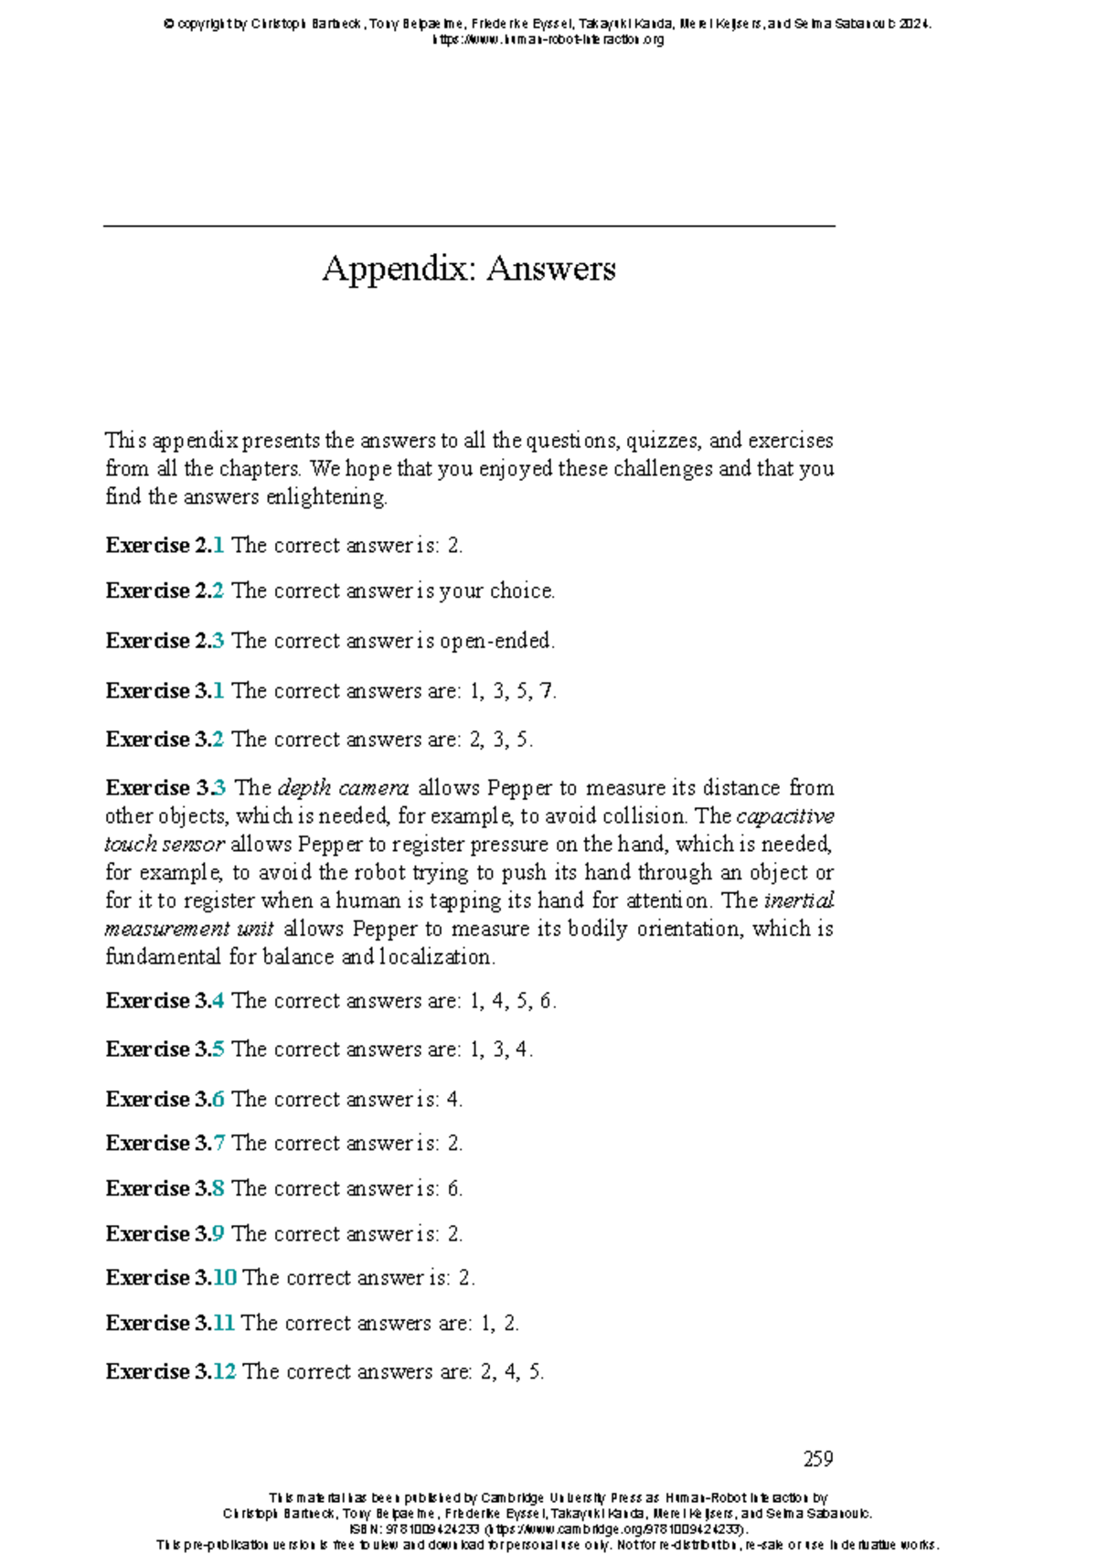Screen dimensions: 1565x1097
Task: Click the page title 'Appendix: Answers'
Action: [468, 268]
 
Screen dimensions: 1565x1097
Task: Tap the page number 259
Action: [817, 1458]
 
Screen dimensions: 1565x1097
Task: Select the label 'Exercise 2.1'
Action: [165, 546]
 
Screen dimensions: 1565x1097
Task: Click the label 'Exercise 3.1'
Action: [165, 691]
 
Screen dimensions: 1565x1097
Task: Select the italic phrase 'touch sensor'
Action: [164, 845]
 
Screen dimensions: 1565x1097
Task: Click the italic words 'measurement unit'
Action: [189, 930]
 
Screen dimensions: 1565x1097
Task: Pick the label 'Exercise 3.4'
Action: [165, 1001]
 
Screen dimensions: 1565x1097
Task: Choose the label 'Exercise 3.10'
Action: [171, 1278]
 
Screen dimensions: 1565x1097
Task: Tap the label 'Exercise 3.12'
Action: [171, 1372]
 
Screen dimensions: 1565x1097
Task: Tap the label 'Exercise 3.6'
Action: [165, 1100]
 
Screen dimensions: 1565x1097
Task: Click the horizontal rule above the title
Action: [468, 226]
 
